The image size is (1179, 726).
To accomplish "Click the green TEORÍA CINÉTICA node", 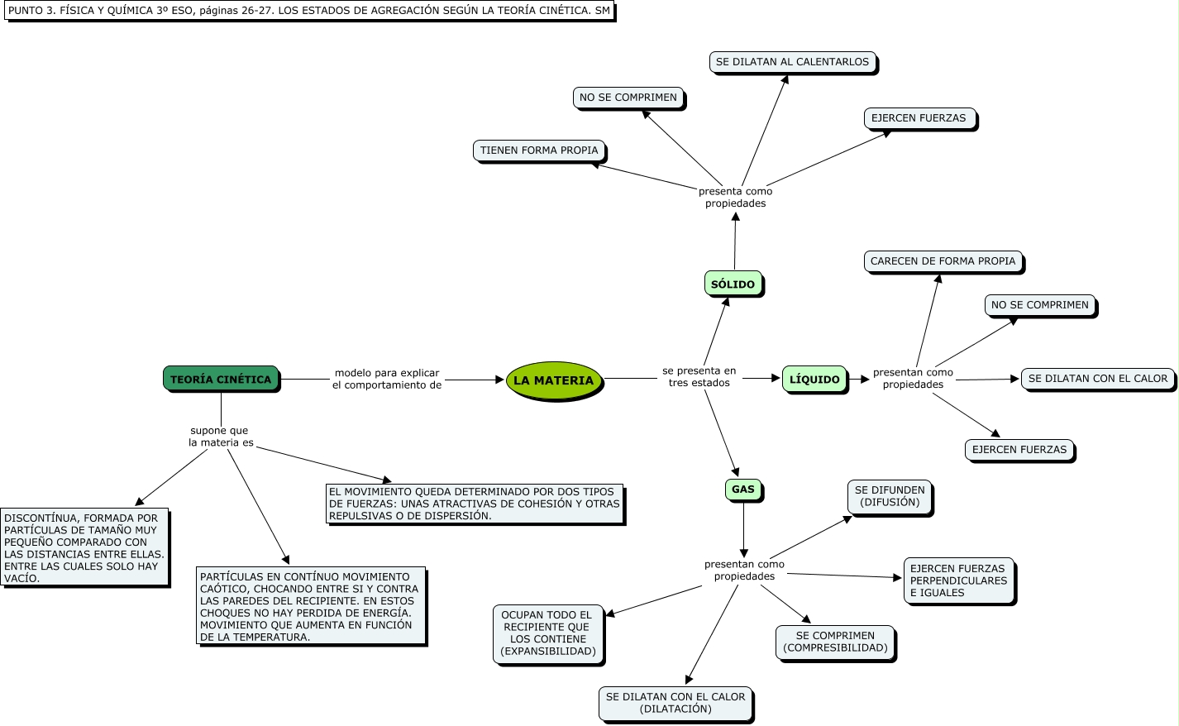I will point(221,379).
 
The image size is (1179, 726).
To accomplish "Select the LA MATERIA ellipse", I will point(553,380).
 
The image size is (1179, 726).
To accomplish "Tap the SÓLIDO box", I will point(733,284).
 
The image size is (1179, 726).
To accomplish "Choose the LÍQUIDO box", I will point(814,379).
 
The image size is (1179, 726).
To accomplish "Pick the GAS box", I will point(742,490).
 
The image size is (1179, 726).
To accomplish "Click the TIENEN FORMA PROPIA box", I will point(539,150).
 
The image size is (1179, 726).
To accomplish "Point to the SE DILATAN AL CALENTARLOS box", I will point(792,62).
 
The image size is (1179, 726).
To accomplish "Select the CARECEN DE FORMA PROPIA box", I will point(943,261).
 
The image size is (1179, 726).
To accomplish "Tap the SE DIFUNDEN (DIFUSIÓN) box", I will point(890,496).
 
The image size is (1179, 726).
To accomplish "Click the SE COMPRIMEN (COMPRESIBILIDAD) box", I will point(835,642).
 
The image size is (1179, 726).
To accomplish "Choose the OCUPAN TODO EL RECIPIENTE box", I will point(547,633).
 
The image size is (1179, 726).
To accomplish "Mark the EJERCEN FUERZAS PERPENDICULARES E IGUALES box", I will point(958,580).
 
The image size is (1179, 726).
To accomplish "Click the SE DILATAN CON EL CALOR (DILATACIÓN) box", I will point(675,703).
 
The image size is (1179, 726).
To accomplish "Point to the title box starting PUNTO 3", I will point(309,11).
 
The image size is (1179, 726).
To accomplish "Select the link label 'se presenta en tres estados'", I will point(699,377).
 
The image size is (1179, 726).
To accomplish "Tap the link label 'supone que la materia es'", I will point(221,437).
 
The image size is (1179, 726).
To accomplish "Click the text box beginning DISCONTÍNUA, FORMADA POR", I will point(84,547).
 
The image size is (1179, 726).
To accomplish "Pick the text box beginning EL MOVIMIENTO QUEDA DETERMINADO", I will point(474,504).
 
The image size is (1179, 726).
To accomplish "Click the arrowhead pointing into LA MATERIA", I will point(499,380).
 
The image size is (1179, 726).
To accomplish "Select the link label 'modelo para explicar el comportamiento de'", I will point(387,379).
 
